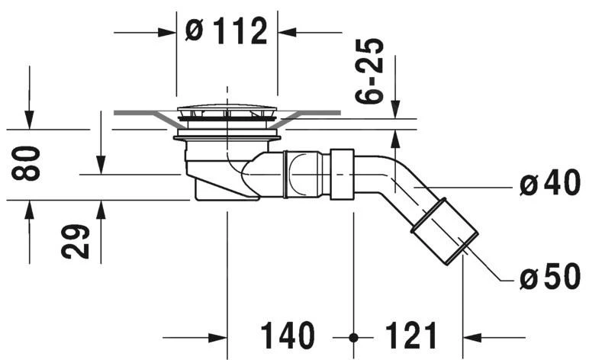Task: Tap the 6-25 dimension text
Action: (369, 71)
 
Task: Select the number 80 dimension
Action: (25, 163)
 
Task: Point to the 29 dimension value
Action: (75, 242)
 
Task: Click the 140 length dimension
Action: (288, 336)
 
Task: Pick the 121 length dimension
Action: (411, 336)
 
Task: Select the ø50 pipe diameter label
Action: (550, 277)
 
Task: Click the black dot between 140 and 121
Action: (353, 338)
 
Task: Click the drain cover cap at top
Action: (227, 111)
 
